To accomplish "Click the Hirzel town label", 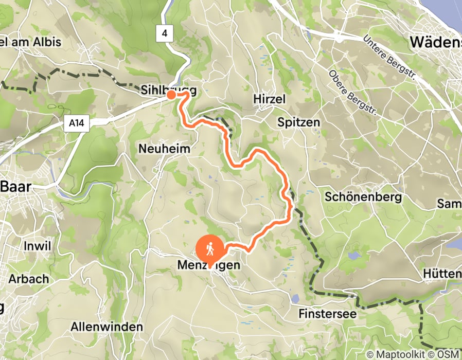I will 269,99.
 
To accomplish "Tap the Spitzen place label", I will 298,122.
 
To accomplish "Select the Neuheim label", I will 165,149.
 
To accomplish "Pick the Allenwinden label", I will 106,327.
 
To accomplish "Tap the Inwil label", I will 37,246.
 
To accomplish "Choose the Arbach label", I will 29,279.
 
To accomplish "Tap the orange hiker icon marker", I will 210,248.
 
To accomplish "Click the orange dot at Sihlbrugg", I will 170,95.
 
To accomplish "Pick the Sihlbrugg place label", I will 169,91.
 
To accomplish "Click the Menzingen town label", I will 208,265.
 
